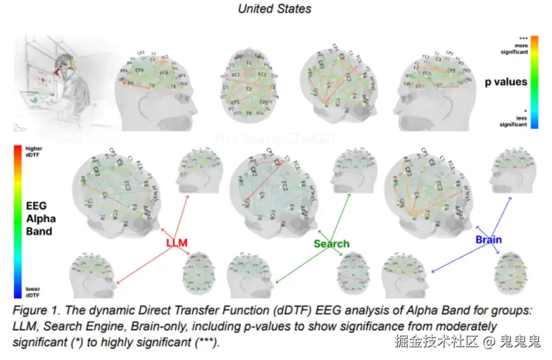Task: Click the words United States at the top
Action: (x=274, y=8)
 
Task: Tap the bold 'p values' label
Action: (x=506, y=82)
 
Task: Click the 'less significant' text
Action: (x=515, y=121)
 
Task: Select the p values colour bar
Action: (x=534, y=82)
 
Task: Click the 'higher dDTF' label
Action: (x=34, y=151)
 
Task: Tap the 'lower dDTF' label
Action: (x=33, y=292)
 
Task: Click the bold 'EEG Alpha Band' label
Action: (x=39, y=219)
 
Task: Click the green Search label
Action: (x=331, y=244)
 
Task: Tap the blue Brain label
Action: (x=488, y=240)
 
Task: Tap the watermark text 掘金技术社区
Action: (x=428, y=341)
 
